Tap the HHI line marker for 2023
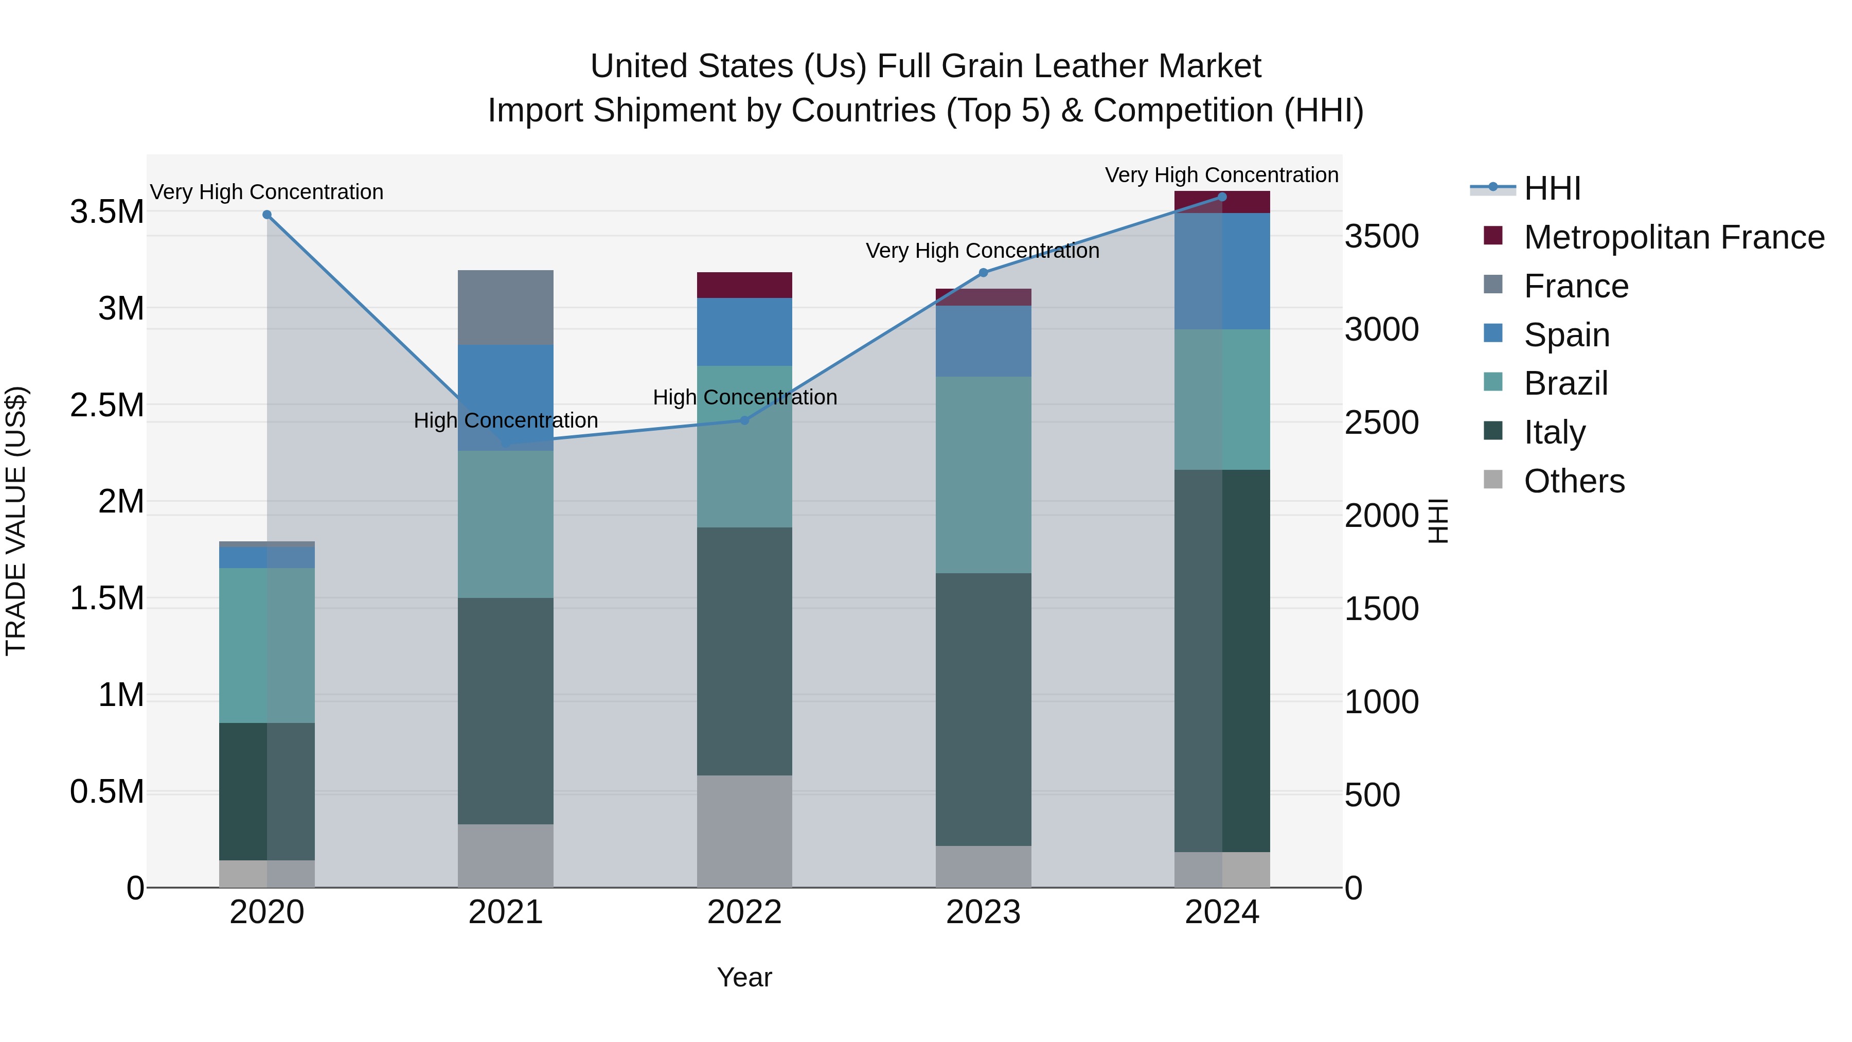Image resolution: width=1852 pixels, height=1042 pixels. point(984,273)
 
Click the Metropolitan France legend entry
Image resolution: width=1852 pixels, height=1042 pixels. point(1673,237)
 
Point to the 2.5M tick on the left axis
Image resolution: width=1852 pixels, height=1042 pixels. point(107,405)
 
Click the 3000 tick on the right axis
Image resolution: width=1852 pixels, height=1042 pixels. point(1382,330)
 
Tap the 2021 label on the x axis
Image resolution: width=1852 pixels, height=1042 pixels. point(505,912)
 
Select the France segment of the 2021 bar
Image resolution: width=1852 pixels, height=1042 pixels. point(505,308)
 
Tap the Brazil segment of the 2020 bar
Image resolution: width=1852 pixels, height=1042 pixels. point(266,645)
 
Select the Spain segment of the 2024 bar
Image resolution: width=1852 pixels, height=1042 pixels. point(1222,271)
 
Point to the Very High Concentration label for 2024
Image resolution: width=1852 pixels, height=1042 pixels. point(1221,175)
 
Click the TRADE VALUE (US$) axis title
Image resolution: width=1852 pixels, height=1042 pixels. point(16,521)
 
